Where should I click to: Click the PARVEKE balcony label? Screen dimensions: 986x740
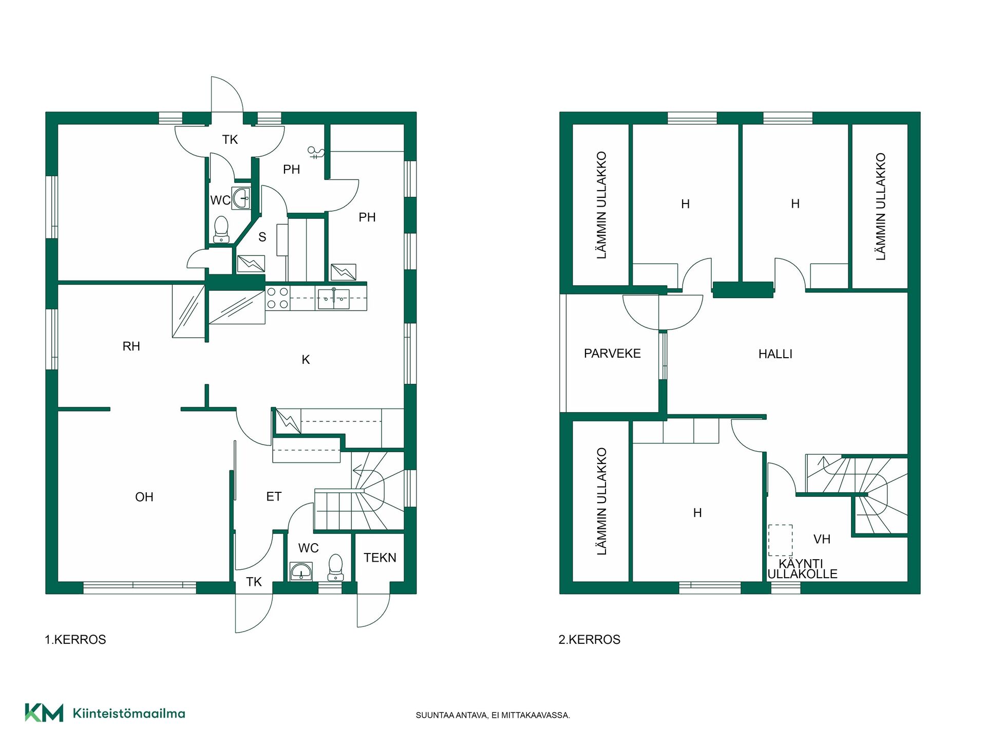click(612, 354)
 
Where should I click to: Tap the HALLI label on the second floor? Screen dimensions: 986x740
click(775, 354)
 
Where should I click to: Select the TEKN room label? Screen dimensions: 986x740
click(380, 558)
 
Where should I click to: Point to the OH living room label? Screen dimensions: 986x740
click(144, 497)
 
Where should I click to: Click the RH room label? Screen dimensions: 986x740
click(131, 346)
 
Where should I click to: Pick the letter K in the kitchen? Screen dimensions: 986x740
click(306, 360)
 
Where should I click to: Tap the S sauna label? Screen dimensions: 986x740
click(262, 237)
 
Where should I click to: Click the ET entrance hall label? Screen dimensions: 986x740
click(274, 496)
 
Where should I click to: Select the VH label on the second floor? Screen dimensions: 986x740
click(822, 539)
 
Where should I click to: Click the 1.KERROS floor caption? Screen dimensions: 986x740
click(75, 640)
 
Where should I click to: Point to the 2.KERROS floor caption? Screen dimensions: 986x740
click(590, 640)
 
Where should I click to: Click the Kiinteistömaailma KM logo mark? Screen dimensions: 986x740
click(44, 713)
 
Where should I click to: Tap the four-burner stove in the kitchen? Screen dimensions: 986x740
click(277, 298)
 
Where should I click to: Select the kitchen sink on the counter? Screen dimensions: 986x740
click(334, 299)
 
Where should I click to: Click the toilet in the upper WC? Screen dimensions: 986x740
click(221, 229)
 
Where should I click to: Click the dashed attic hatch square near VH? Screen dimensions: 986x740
click(780, 540)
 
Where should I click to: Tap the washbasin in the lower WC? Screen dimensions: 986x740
click(301, 571)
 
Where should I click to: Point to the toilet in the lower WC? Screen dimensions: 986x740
click(335, 567)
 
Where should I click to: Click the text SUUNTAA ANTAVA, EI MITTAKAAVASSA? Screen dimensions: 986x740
click(493, 715)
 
